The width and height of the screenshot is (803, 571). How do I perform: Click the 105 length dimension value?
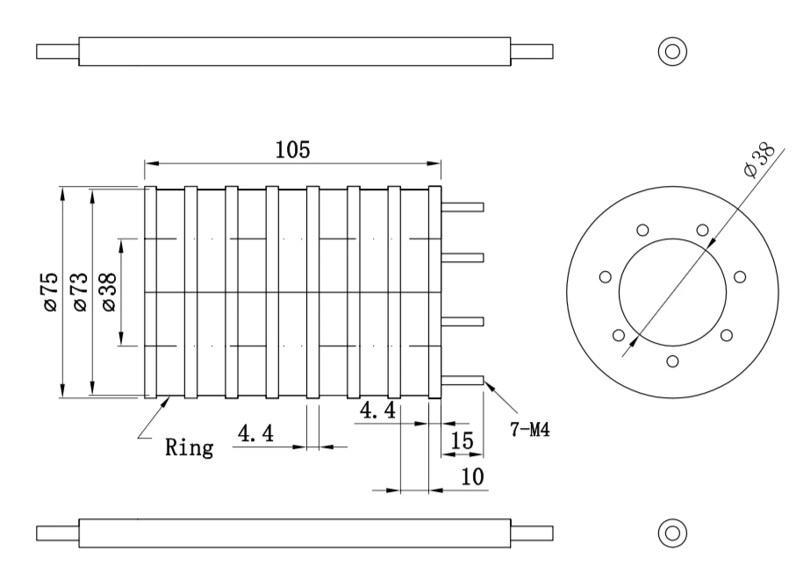293,150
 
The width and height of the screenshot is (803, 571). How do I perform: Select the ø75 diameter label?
51,291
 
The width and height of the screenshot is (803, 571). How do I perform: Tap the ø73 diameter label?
81,291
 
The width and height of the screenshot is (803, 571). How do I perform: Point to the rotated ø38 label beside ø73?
110,291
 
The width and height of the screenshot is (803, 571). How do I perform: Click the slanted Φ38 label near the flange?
759,160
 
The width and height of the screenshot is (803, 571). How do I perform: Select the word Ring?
189,447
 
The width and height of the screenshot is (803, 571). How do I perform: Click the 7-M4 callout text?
529,429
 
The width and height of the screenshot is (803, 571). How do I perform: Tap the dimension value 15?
462,440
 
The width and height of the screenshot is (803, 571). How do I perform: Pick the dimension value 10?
472,477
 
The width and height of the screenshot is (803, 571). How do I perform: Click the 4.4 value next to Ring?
255,433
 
